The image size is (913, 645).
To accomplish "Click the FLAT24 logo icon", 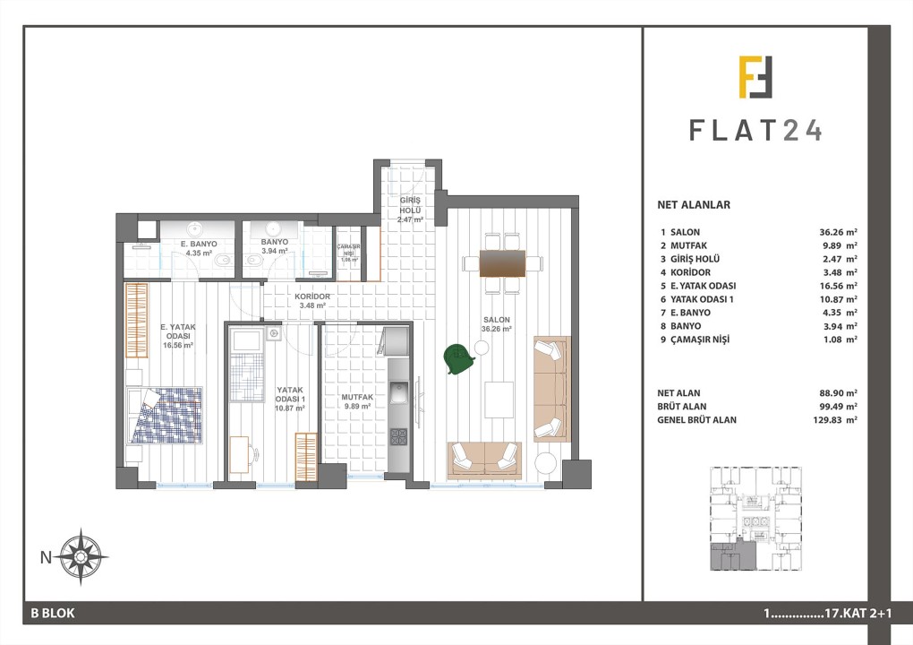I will click(755, 77).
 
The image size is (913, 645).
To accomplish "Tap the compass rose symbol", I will click(81, 556).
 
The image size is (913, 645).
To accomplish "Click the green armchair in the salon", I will click(459, 358).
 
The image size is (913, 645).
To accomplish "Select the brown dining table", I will click(502, 262).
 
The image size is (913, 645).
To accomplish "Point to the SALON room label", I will click(496, 320).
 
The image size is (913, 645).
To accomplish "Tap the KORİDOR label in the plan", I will click(312, 297).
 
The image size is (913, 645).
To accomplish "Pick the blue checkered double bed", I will click(166, 415).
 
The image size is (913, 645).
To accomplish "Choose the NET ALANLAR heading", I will click(693, 204).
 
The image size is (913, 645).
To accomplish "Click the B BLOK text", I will click(53, 614).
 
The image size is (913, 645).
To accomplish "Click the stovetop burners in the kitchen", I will click(397, 436).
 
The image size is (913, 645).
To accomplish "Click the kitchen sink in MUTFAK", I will click(398, 391).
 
